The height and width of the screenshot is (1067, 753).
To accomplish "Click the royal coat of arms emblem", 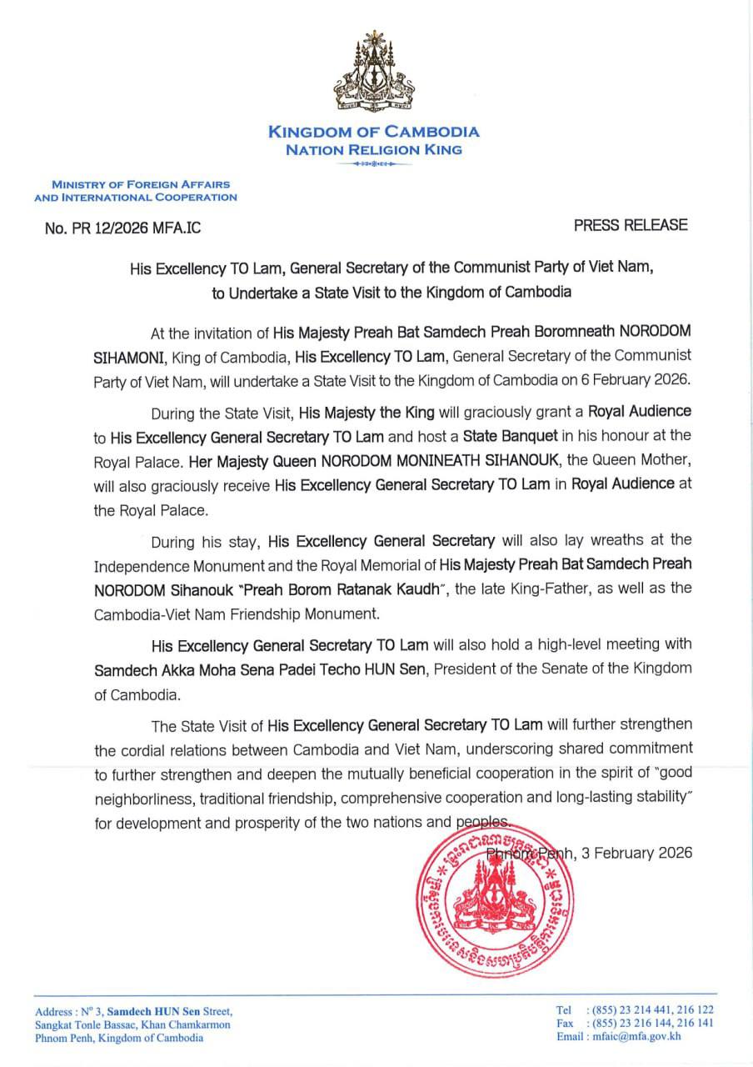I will click(374, 74).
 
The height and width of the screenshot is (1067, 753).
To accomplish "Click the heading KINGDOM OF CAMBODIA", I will click(373, 132).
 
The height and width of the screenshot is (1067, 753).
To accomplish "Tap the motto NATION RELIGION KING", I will click(373, 150).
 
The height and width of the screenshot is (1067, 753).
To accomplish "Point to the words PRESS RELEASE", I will click(631, 225).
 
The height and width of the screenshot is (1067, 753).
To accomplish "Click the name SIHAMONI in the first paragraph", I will click(122, 353).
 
